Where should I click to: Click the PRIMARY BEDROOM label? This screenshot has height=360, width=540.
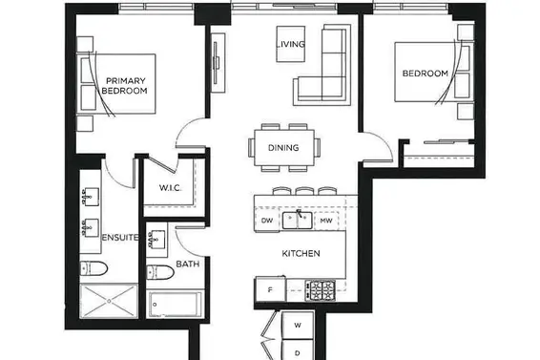(125, 86)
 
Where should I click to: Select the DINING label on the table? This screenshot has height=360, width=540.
(284, 148)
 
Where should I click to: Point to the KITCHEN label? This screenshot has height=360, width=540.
(300, 253)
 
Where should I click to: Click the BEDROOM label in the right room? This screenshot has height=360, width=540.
(425, 74)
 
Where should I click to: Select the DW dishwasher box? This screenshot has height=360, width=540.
(268, 221)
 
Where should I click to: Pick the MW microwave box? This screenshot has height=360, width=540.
(326, 221)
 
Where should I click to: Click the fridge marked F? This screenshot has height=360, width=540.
(271, 288)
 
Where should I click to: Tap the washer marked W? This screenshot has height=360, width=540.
(298, 327)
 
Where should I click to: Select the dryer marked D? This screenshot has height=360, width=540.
(298, 350)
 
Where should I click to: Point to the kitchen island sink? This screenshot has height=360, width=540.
(299, 220)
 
